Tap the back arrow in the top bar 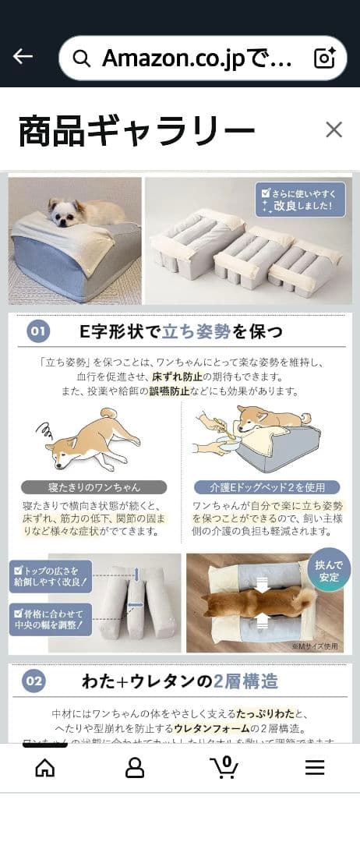tap(23, 57)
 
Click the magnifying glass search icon tap(81, 58)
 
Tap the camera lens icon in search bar tap(323, 58)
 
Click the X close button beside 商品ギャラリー tap(334, 129)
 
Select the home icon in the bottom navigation tap(45, 768)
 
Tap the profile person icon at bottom tap(135, 768)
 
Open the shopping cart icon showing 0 tap(225, 767)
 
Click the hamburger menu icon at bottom tap(315, 768)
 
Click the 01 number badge tap(38, 332)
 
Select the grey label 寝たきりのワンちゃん tap(94, 487)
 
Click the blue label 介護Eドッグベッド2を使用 tap(267, 487)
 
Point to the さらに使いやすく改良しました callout tap(300, 199)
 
